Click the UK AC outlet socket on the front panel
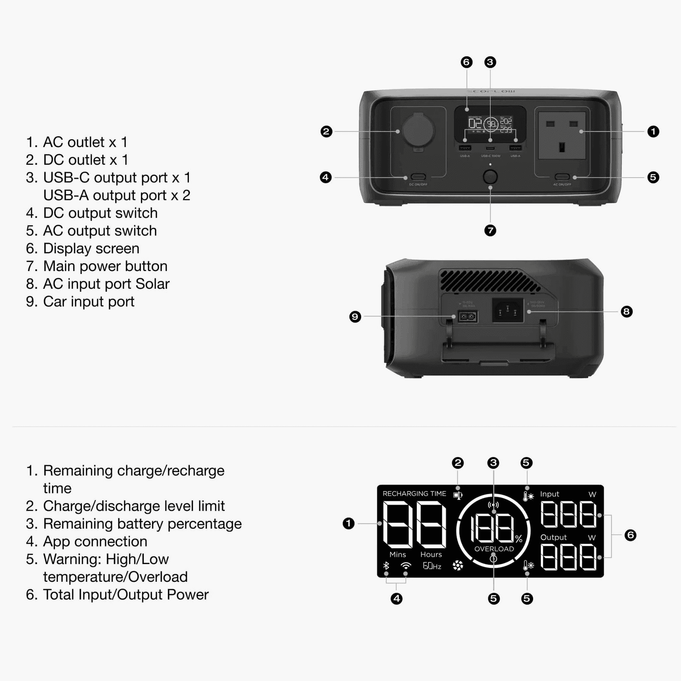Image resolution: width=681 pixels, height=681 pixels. click(562, 136)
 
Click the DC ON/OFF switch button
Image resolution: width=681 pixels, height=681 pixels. click(418, 177)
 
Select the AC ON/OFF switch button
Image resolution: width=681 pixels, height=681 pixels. click(562, 177)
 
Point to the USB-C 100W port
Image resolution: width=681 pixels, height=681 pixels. click(490, 148)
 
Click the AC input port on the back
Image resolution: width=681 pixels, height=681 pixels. click(507, 310)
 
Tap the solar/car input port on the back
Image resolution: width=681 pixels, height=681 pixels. click(468, 317)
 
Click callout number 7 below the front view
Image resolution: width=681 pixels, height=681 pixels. click(490, 231)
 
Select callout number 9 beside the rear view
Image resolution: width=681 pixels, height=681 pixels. click(355, 317)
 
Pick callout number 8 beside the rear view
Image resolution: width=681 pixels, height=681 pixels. click(626, 312)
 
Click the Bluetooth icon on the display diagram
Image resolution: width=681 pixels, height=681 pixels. click(386, 565)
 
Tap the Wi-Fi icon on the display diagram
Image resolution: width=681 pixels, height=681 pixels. click(406, 565)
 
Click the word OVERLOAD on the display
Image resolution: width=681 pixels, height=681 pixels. click(494, 549)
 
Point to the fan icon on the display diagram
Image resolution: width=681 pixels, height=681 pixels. click(458, 565)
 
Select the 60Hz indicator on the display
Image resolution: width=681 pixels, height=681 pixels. click(432, 566)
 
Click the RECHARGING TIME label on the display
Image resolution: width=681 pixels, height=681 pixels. click(414, 494)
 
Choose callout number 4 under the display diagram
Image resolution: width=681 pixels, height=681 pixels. click(396, 598)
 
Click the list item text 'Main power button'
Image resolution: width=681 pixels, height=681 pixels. click(105, 266)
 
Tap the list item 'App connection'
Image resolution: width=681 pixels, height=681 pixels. click(95, 541)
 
